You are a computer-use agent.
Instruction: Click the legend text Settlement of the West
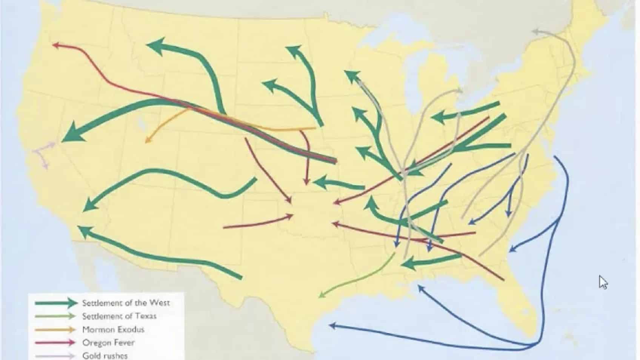[126, 303]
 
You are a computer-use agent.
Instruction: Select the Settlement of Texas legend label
[119, 316]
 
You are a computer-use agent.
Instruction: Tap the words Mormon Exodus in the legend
[113, 329]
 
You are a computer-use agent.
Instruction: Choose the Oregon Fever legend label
[108, 343]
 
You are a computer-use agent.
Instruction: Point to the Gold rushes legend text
[105, 355]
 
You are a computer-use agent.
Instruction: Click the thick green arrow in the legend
[56, 303]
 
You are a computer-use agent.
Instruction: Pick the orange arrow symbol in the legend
[56, 329]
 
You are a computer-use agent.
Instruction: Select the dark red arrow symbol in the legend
[56, 343]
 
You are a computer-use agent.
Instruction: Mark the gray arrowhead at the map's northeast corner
[535, 31]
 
